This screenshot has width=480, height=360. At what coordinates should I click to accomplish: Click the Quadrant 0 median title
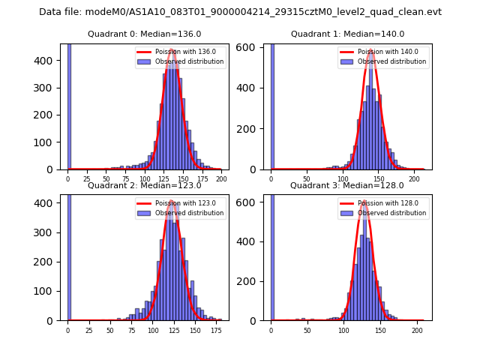click(144, 34)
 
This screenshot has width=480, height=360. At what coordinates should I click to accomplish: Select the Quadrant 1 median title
click(347, 34)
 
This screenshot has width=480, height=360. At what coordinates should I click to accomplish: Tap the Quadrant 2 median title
click(144, 185)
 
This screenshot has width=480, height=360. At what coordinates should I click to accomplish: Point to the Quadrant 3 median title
click(347, 185)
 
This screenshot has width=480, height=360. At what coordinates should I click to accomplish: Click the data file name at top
click(240, 12)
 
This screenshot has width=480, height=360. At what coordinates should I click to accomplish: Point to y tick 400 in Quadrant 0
click(47, 61)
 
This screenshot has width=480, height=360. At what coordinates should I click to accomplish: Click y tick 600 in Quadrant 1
click(250, 47)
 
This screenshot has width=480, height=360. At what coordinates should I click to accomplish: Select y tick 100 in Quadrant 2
click(47, 291)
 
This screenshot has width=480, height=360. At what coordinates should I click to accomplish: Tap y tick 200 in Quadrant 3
click(250, 281)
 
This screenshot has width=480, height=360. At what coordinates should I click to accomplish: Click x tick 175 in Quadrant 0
click(202, 179)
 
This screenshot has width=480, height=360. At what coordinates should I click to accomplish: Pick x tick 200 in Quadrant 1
click(413, 179)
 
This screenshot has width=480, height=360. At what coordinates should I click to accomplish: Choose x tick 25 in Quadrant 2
click(89, 331)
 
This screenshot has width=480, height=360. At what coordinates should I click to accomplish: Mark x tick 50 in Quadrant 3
click(307, 331)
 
